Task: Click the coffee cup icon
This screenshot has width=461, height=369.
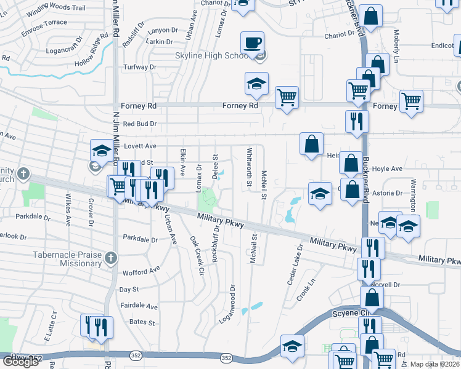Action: click(252, 43)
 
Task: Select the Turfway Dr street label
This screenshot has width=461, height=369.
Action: click(140, 67)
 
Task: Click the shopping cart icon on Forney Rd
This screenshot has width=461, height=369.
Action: click(287, 97)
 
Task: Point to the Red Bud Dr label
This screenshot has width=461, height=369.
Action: click(140, 124)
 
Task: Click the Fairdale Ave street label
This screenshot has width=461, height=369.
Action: click(139, 306)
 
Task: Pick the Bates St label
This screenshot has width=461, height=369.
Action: click(142, 322)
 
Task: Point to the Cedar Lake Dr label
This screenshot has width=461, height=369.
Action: click(295, 265)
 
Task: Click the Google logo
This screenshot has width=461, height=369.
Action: click(20, 361)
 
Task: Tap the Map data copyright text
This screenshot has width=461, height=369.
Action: click(435, 363)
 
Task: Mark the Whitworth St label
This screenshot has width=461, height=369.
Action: click(250, 167)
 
